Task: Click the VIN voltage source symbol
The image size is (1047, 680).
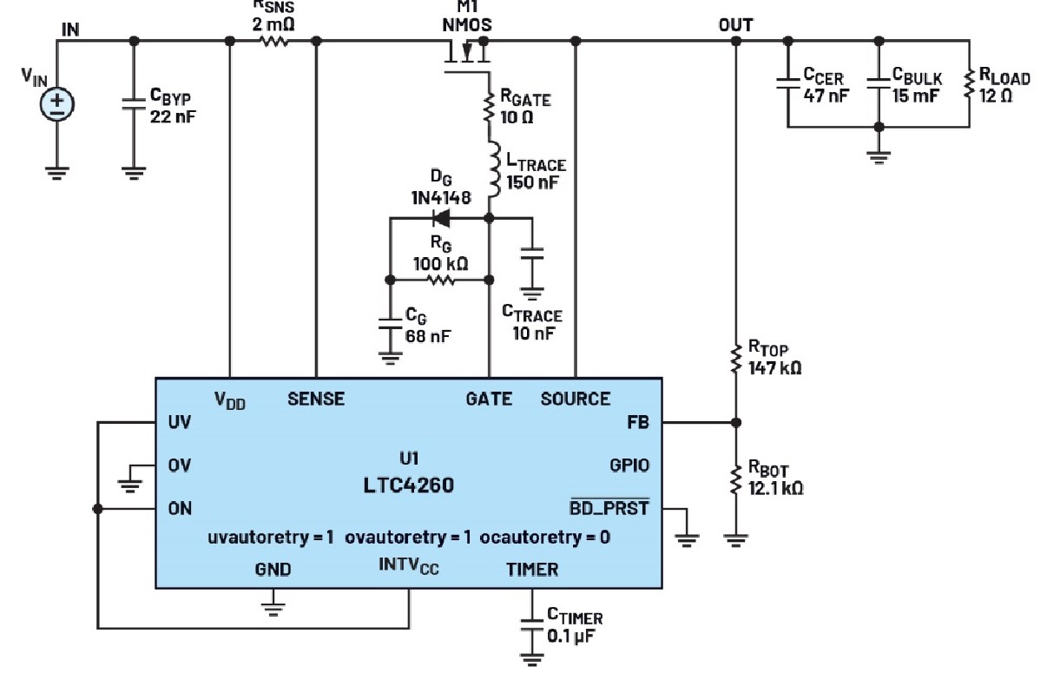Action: (x=57, y=102)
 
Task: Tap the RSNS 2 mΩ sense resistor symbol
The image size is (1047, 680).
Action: (x=273, y=41)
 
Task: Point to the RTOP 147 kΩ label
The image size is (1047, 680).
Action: (x=774, y=359)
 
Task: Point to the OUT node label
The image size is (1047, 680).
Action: (x=735, y=25)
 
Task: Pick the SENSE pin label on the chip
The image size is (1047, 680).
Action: (x=316, y=399)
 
